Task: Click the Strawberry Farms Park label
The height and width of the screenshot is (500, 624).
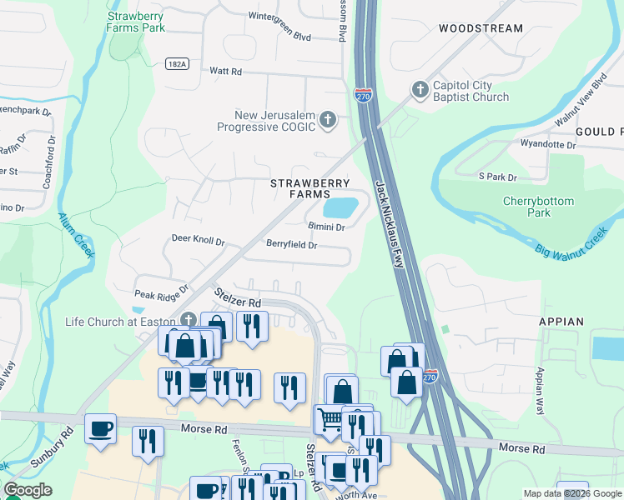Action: click(x=136, y=21)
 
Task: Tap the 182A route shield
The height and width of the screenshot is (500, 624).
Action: click(x=176, y=63)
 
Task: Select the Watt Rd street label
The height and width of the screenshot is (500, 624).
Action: click(x=224, y=71)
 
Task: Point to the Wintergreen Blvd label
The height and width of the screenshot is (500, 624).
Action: click(x=279, y=37)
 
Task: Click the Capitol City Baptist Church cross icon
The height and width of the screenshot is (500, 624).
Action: click(x=418, y=88)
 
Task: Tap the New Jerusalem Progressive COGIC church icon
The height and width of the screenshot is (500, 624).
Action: click(x=328, y=120)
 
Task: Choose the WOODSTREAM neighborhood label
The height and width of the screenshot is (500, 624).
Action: click(x=481, y=28)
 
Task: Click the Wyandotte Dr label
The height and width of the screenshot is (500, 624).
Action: click(x=548, y=145)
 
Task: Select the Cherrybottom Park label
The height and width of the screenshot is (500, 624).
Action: click(x=538, y=207)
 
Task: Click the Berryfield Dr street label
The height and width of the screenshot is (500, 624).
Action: click(x=291, y=245)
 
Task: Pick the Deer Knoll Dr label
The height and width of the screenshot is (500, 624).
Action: click(x=199, y=239)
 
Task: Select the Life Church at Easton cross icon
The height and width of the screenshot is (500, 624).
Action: click(x=189, y=321)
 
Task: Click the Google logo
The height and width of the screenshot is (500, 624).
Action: click(x=28, y=490)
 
